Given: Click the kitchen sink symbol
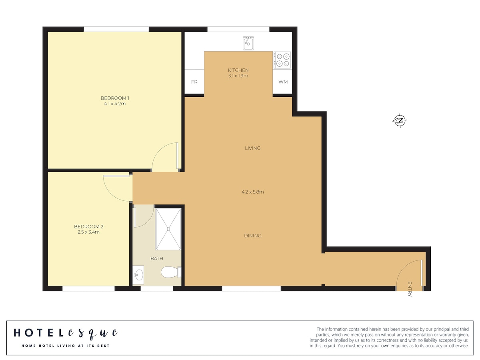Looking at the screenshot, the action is coord(248,43).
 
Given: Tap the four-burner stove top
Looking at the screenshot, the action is coord(282,60).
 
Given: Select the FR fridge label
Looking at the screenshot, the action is coord(194,82).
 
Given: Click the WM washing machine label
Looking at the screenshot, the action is coord(283,82).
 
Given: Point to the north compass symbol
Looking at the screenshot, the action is coord(400,120).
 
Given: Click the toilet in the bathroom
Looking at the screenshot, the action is coord(171,272).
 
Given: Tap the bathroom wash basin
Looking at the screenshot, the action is coord(138,275).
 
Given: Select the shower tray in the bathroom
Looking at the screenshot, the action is coord(168,229).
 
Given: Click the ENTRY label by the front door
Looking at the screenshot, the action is coord(410,289).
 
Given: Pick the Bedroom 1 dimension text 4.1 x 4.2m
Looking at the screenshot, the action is coord(115,104).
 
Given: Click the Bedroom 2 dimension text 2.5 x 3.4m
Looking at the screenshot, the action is coord(88,232).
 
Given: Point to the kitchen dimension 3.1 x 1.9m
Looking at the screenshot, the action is coord(238,76).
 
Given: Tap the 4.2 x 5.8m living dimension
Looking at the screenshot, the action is coord(252,192).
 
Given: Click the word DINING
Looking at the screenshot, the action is coord(252,236).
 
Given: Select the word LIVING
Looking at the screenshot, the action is coord(252,148).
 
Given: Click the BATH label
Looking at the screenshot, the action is coord(157,258).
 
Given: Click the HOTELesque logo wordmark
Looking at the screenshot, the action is coord(66,333).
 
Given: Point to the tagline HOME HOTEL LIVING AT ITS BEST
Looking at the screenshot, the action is coord(65,346).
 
